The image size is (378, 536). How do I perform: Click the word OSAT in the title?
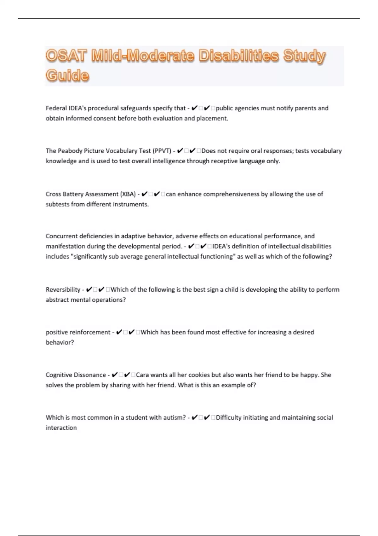(66, 56)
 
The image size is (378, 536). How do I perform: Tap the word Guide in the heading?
(67, 76)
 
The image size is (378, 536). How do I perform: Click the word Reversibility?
(63, 289)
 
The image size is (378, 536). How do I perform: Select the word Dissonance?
(91, 375)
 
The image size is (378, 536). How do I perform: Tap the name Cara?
(142, 375)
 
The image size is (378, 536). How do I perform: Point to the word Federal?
(56, 108)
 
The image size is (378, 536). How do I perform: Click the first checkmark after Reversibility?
(89, 289)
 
